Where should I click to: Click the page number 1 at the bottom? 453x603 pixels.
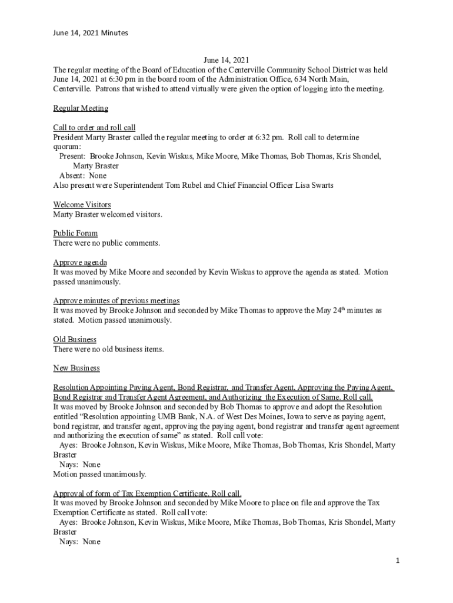tap(398, 561)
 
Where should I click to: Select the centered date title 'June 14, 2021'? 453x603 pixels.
tap(226, 60)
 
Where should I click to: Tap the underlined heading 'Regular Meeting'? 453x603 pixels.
tap(81, 108)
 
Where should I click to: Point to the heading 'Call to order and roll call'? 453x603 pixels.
tap(94, 128)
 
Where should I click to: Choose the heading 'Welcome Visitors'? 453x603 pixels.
tap(82, 205)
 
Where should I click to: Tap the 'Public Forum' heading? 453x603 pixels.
tap(75, 234)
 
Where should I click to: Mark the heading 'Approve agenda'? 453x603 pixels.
tap(80, 263)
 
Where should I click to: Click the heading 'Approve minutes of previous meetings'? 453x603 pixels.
tap(116, 301)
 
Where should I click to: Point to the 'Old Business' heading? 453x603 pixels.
tap(75, 340)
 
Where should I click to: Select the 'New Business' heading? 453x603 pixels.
tap(76, 368)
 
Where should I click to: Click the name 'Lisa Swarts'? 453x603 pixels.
tap(313, 185)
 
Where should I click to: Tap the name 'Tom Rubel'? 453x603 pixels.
tap(179, 185)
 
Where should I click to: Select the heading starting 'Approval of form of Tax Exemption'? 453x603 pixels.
tap(147, 493)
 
